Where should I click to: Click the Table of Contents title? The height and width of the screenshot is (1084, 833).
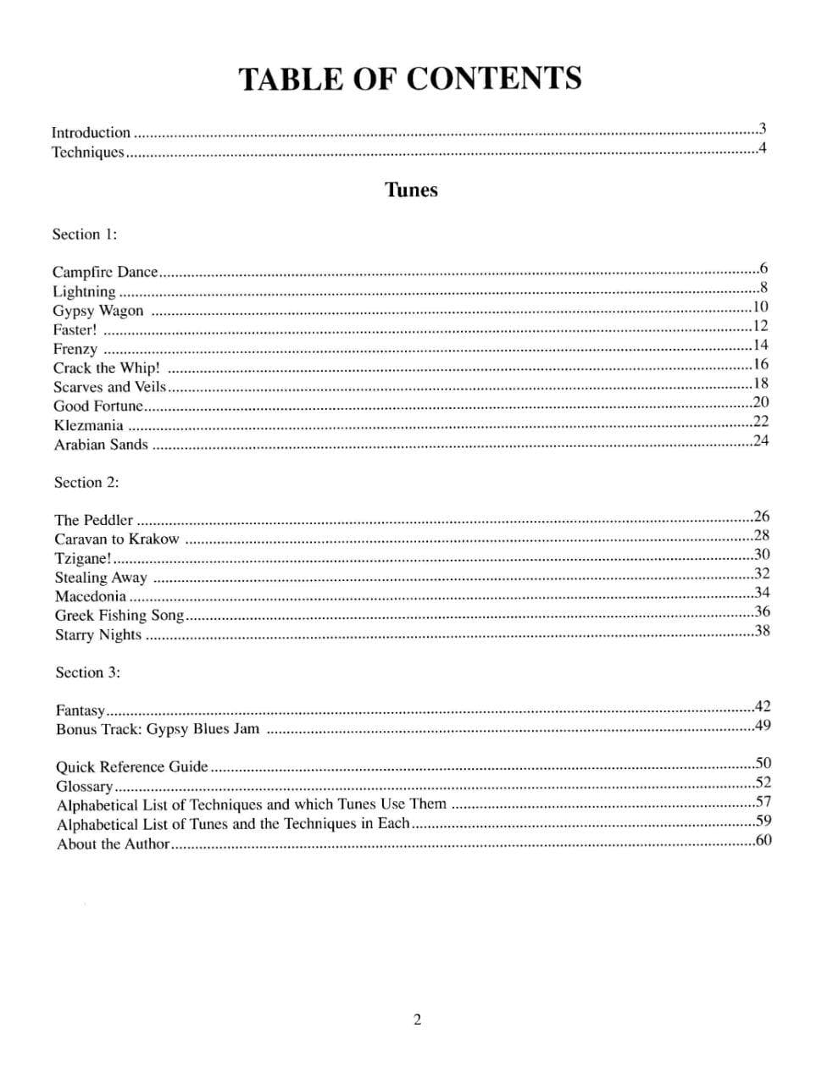pyautogui.click(x=410, y=79)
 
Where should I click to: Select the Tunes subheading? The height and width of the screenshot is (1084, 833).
pyautogui.click(x=411, y=190)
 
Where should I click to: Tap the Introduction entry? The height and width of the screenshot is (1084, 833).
pyautogui.click(x=91, y=133)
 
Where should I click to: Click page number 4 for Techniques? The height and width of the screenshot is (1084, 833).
pyautogui.click(x=763, y=149)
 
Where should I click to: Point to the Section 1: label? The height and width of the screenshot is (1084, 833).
pyautogui.click(x=85, y=235)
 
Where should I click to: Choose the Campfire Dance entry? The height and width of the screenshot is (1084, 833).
pyautogui.click(x=105, y=272)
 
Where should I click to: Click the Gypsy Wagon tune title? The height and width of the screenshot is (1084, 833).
pyautogui.click(x=98, y=311)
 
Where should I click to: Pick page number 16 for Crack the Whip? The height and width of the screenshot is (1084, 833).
pyautogui.click(x=760, y=364)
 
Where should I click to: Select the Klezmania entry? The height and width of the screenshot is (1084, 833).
pyautogui.click(x=88, y=426)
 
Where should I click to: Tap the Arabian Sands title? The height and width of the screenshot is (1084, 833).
pyautogui.click(x=101, y=445)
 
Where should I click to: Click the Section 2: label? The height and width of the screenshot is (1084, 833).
pyautogui.click(x=86, y=483)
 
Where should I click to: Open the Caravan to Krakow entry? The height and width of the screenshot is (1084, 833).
pyautogui.click(x=117, y=539)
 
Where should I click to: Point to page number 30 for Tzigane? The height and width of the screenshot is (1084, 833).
pyautogui.click(x=761, y=555)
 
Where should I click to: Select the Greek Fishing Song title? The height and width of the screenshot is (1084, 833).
pyautogui.click(x=119, y=616)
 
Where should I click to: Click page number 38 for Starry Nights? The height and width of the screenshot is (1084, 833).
pyautogui.click(x=762, y=630)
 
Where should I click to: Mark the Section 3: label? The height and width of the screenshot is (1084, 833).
pyautogui.click(x=88, y=672)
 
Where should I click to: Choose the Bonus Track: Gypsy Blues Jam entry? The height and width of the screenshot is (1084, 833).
pyautogui.click(x=158, y=729)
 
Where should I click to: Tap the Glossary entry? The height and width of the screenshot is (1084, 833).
pyautogui.click(x=85, y=786)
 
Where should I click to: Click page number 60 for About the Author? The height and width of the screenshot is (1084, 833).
pyautogui.click(x=763, y=840)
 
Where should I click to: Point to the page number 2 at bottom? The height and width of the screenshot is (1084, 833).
pyautogui.click(x=417, y=1020)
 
